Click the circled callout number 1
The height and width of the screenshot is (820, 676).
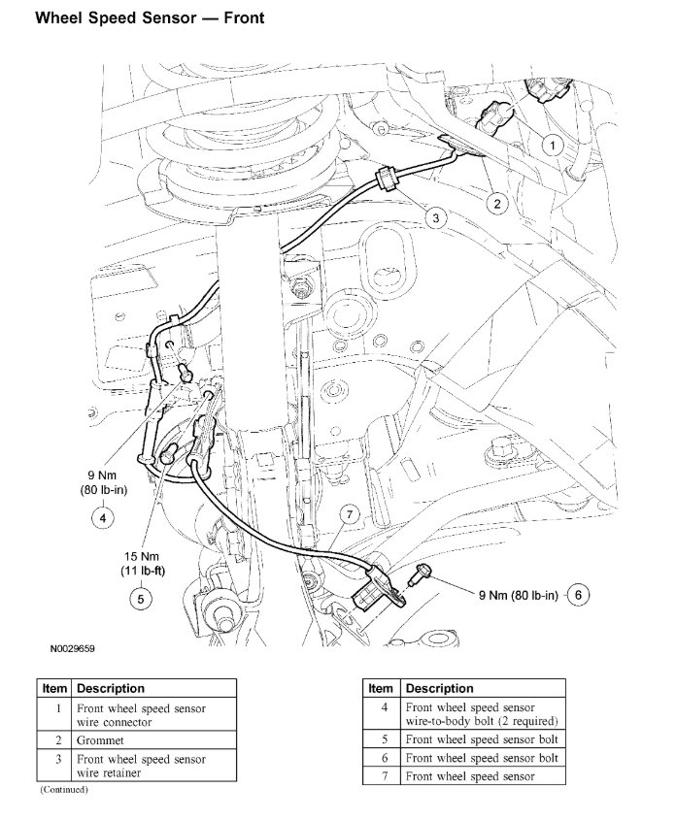click(553, 146)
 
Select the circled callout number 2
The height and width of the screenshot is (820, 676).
click(497, 203)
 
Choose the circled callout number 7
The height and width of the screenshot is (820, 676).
click(350, 514)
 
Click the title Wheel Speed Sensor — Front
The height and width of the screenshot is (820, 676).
click(149, 18)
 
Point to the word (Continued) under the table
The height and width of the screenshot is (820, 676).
click(64, 789)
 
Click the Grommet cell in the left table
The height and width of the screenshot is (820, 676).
click(98, 738)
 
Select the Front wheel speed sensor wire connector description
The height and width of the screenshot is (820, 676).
click(141, 715)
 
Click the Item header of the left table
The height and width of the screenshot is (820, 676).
click(54, 688)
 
